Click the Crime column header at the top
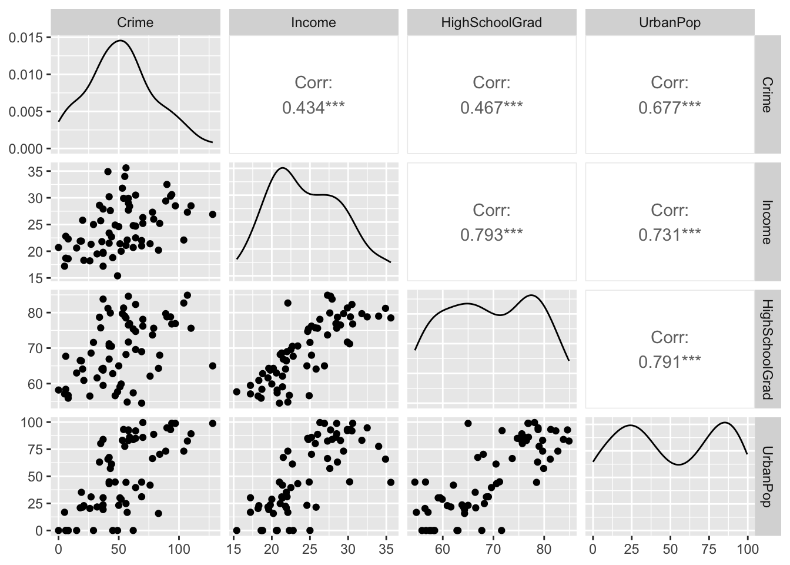click(135, 23)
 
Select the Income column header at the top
click(313, 23)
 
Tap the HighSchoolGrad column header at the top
click(491, 23)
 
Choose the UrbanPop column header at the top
click(670, 23)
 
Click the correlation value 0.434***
click(313, 108)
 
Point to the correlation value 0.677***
click(670, 108)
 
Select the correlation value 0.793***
click(491, 235)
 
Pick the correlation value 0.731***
click(670, 235)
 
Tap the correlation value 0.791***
click(670, 361)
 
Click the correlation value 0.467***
click(491, 108)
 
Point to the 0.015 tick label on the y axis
click(26, 38)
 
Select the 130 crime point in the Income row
click(213, 214)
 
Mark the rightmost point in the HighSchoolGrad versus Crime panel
click(213, 365)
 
